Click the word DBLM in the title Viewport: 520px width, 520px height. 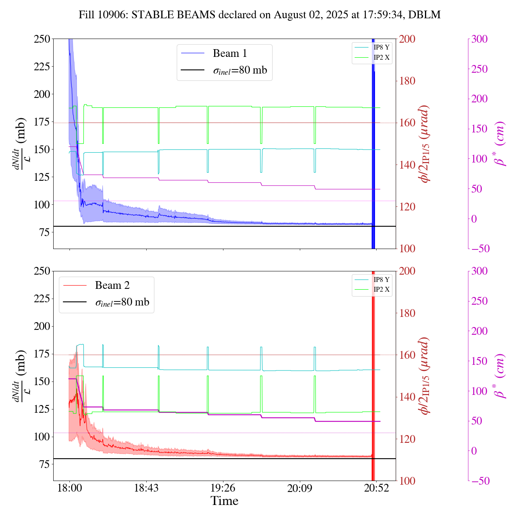[425, 15]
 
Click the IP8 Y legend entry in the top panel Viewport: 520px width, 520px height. [381, 47]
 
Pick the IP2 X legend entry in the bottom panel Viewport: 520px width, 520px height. [381, 290]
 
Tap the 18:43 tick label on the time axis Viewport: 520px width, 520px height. [146, 488]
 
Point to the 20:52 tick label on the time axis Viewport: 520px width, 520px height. [376, 488]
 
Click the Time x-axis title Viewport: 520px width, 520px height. [224, 501]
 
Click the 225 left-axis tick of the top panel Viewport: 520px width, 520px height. [42, 66]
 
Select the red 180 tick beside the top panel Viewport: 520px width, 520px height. [407, 81]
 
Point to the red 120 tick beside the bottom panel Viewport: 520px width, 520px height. [407, 439]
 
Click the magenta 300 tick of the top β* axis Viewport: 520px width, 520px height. [479, 39]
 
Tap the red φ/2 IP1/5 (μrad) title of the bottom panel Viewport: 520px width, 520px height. [425, 376]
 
